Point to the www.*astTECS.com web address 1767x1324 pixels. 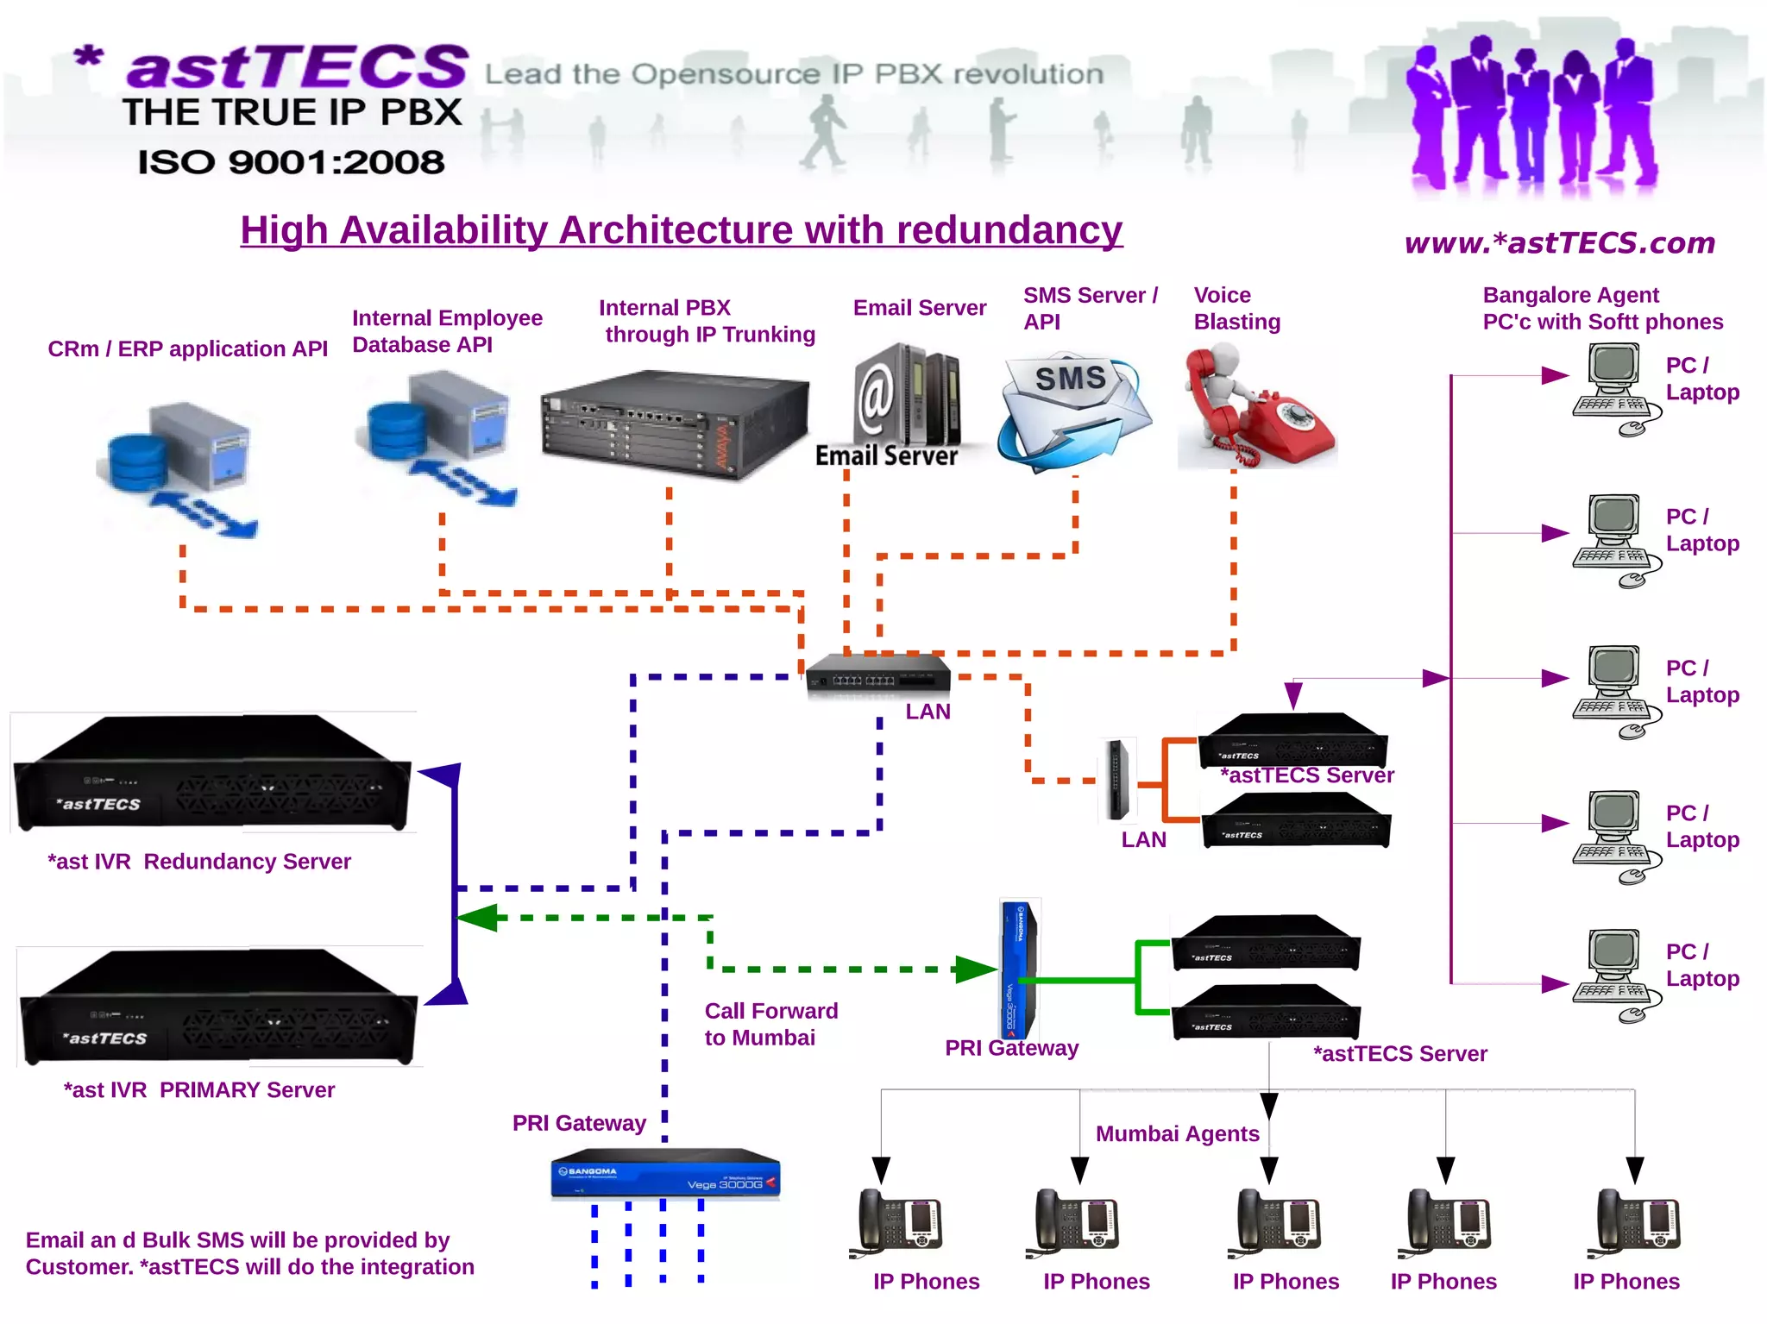(x=1559, y=243)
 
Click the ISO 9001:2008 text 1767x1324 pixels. (x=291, y=162)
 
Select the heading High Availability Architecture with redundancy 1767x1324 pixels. (x=681, y=230)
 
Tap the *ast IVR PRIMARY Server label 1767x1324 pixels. (x=198, y=1089)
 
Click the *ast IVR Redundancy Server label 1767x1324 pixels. (x=198, y=861)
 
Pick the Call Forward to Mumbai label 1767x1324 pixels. (x=770, y=1024)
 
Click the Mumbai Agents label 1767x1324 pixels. (x=1177, y=1133)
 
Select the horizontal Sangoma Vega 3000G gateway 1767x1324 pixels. (x=664, y=1174)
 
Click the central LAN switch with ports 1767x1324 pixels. (x=877, y=675)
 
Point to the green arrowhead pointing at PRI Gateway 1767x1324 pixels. (x=975, y=969)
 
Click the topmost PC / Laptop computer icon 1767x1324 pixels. (x=1613, y=389)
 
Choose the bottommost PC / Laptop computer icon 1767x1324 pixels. (x=1613, y=975)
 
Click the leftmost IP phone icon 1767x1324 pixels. (x=897, y=1220)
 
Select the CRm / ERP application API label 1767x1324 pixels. (x=187, y=348)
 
